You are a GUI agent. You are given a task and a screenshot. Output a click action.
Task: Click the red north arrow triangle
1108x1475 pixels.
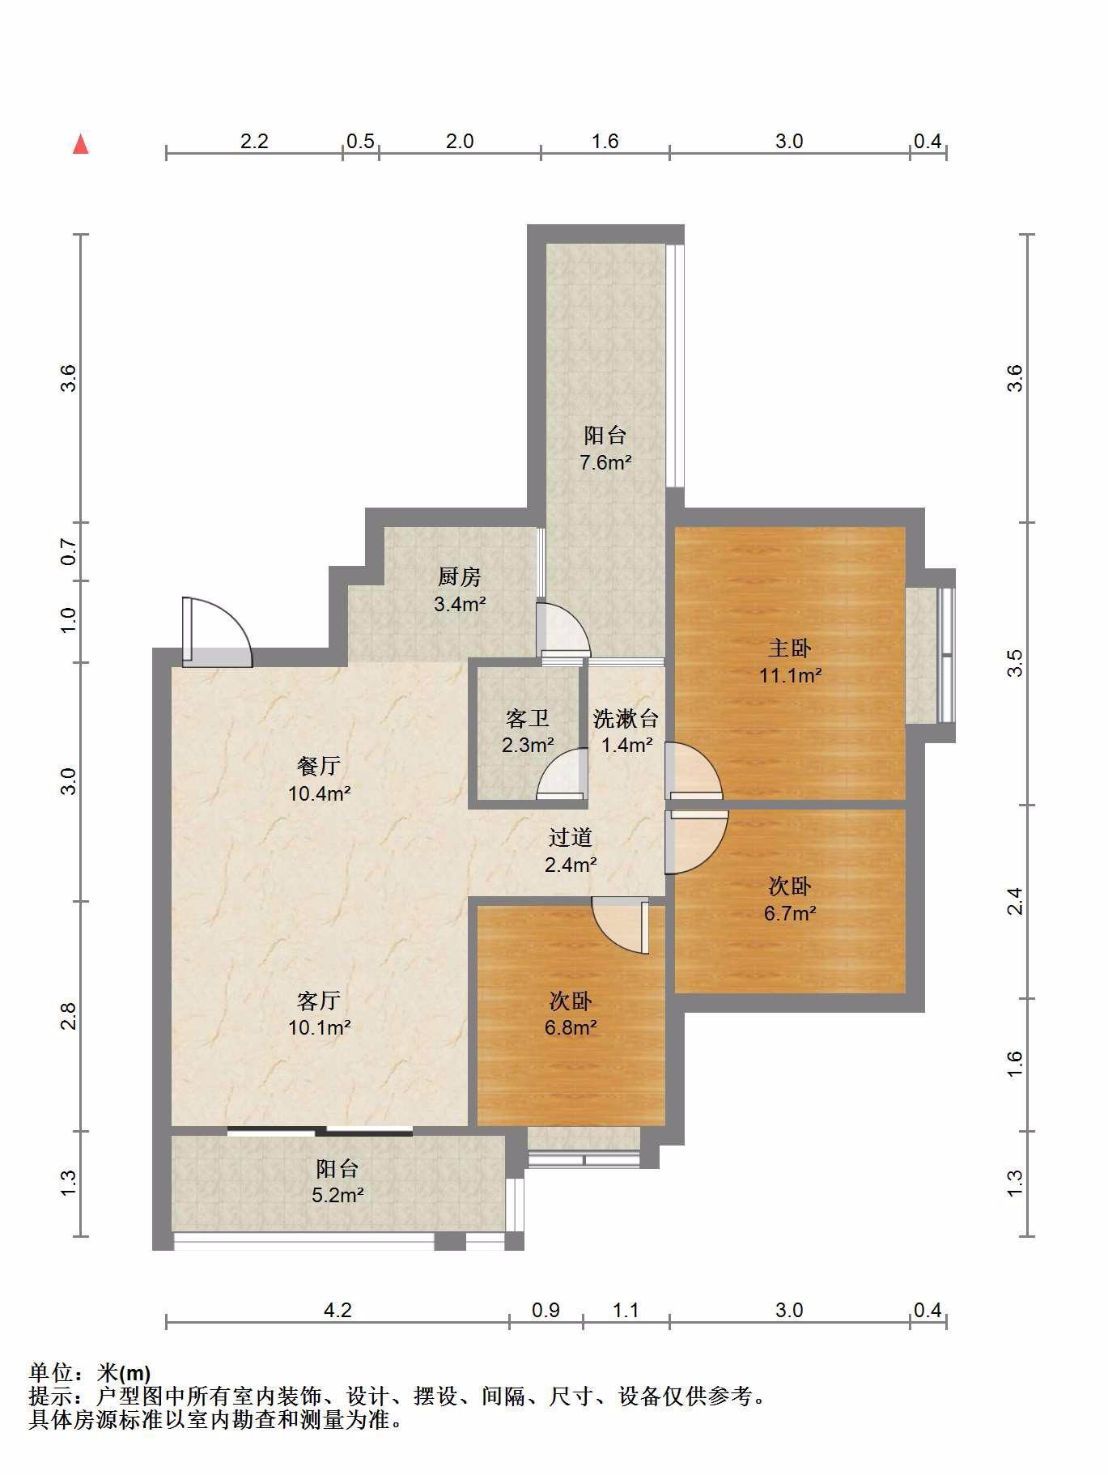click(80, 144)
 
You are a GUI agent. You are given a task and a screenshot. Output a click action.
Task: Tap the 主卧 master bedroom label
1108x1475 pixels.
click(789, 648)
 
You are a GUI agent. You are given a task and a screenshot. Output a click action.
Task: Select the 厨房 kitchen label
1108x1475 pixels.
click(459, 576)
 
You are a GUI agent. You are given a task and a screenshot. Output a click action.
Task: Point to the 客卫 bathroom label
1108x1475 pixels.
click(528, 718)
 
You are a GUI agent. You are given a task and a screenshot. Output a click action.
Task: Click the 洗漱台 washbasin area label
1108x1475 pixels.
click(626, 718)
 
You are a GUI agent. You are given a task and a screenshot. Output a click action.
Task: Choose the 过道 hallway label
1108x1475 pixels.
click(571, 837)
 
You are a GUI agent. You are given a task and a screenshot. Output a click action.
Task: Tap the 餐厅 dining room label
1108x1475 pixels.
click(319, 766)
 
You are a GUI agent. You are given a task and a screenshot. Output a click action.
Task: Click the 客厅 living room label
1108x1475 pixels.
click(319, 1001)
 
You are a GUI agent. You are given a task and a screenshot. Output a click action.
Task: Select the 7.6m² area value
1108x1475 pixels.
click(605, 463)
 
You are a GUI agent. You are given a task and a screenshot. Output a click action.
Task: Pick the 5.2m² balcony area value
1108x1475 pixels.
click(337, 1194)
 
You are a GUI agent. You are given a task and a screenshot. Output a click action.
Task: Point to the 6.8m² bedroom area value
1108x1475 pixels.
click(571, 1028)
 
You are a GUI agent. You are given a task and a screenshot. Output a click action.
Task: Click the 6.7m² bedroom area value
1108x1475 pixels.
click(790, 913)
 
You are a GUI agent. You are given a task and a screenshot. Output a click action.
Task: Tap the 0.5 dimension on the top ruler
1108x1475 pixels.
click(360, 141)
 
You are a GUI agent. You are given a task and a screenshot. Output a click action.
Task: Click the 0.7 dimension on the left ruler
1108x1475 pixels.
click(69, 553)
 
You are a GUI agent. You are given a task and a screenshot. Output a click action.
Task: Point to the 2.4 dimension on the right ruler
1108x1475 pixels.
click(1015, 901)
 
